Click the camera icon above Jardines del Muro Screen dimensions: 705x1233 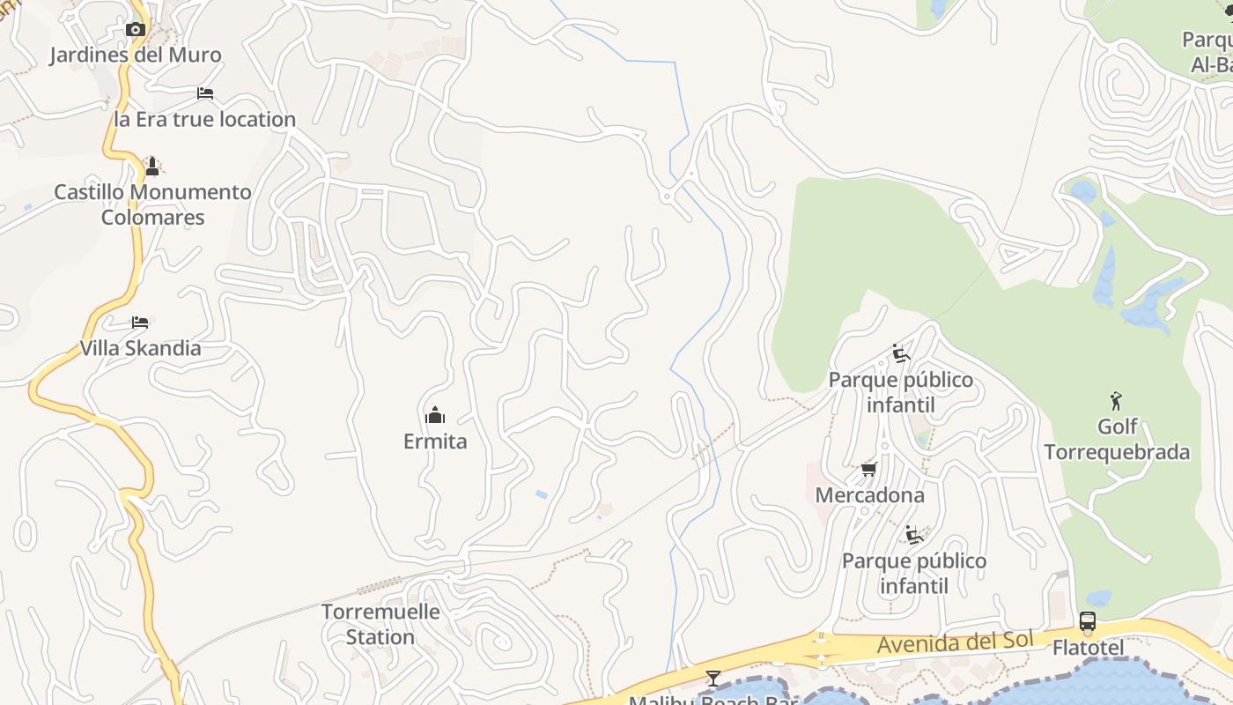pyautogui.click(x=135, y=30)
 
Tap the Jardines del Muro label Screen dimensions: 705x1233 pyautogui.click(x=135, y=55)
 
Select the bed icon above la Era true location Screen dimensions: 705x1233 pyautogui.click(x=205, y=93)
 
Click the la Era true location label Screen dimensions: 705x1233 pyautogui.click(x=204, y=119)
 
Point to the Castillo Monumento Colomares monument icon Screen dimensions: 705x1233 pyautogui.click(x=152, y=166)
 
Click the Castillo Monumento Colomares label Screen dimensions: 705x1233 pyautogui.click(x=152, y=204)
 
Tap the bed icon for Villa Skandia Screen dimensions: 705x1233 pyautogui.click(x=140, y=323)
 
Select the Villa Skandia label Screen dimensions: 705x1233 pyautogui.click(x=140, y=348)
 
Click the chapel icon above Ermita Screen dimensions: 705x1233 pyautogui.click(x=435, y=415)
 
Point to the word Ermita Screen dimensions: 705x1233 pyautogui.click(x=435, y=442)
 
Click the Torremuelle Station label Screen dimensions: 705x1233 pyautogui.click(x=380, y=624)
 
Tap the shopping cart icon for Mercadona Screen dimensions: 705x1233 pyautogui.click(x=869, y=469)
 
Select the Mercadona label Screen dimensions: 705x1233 pyautogui.click(x=869, y=495)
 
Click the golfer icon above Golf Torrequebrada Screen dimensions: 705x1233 pyautogui.click(x=1117, y=401)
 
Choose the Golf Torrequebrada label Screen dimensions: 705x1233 pyautogui.click(x=1117, y=440)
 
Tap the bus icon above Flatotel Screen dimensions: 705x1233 pyautogui.click(x=1088, y=622)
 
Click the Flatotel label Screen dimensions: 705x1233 pyautogui.click(x=1088, y=649)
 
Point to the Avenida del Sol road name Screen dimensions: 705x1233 pyautogui.click(x=954, y=642)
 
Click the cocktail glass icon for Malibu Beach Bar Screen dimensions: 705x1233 pyautogui.click(x=713, y=678)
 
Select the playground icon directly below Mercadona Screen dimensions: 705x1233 pyautogui.click(x=914, y=535)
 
